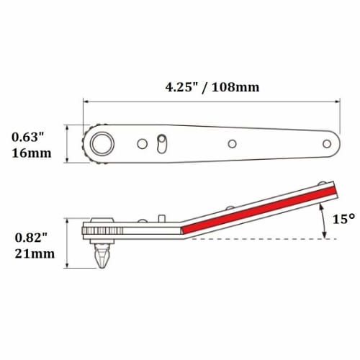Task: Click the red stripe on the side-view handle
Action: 259,209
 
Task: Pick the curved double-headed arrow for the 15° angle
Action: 324,219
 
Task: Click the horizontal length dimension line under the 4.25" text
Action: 209,102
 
